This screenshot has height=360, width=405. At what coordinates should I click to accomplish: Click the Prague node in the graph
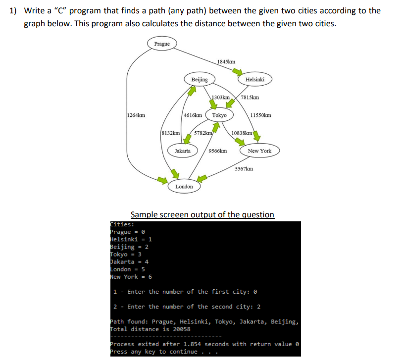point(161,44)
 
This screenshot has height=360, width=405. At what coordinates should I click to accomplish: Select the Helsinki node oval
point(254,79)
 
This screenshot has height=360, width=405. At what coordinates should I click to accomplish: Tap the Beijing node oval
point(199,79)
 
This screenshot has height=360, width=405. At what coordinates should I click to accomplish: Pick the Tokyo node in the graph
point(219,115)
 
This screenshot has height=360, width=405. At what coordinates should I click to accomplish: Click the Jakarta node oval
point(182,151)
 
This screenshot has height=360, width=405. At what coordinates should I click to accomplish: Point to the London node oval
point(184,186)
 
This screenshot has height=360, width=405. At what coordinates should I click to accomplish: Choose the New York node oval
point(259,151)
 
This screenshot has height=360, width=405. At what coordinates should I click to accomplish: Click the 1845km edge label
point(226,62)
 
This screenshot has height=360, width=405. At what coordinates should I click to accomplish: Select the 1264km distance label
point(136,115)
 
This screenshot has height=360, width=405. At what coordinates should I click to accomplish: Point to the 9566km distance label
point(218,151)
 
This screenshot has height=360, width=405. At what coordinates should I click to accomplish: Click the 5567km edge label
point(244,169)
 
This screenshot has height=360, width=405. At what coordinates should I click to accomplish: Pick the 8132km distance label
point(171,133)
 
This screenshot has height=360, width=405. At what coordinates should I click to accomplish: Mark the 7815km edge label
point(250,98)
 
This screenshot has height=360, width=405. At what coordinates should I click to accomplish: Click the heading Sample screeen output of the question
point(202,214)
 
